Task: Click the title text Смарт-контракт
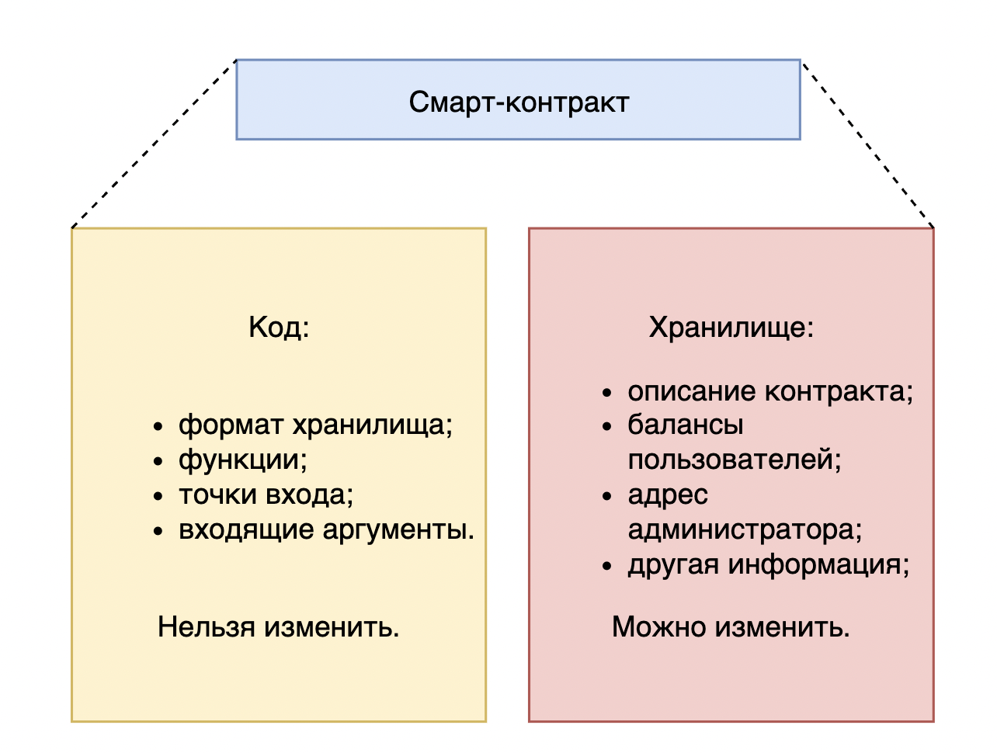pos(518,102)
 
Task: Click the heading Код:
pos(279,328)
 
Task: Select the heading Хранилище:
pos(731,328)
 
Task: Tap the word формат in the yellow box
pos(231,425)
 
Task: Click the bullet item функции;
pos(243,460)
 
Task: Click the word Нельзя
pos(206,626)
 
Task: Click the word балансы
pos(685,425)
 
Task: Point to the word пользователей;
pos(735,460)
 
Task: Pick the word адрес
pos(668,494)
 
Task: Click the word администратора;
pos(745,529)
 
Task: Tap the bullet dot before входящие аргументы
pos(158,532)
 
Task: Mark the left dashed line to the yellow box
pos(153,144)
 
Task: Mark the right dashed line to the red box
pos(867,144)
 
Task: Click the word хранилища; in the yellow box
pos(372,425)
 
